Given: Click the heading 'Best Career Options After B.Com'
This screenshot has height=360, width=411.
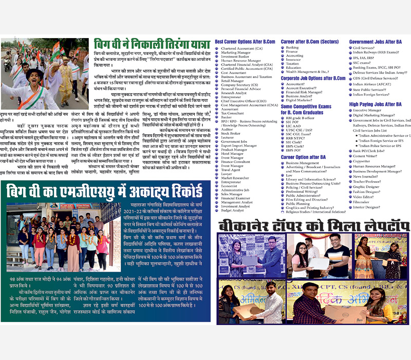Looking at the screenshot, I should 245,41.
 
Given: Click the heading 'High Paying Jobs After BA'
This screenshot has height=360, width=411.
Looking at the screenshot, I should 378,104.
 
